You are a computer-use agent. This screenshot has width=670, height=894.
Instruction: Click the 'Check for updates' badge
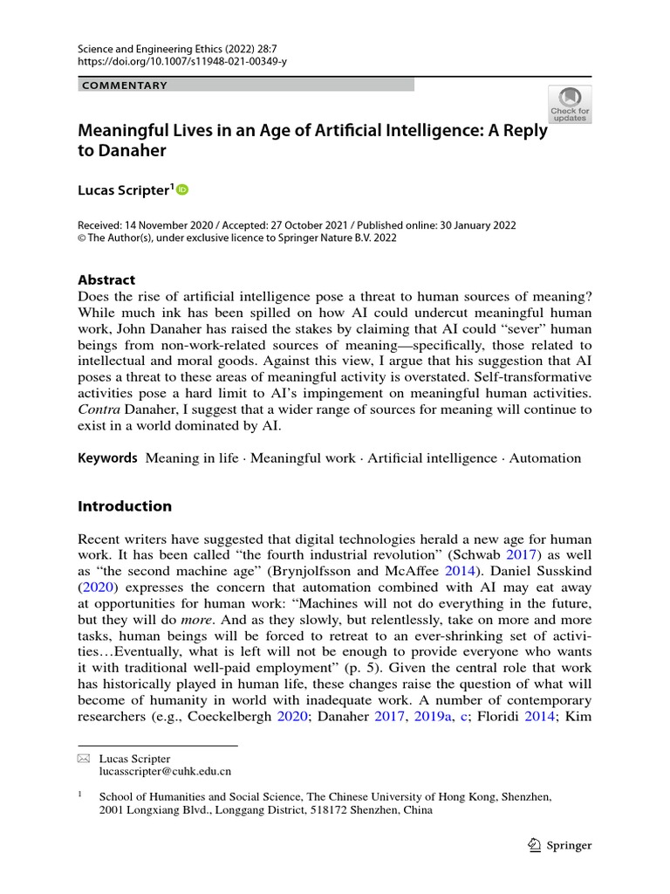coord(569,105)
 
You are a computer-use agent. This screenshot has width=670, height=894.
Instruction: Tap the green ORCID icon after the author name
coord(182,189)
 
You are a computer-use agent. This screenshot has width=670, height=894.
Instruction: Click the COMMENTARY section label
coord(123,85)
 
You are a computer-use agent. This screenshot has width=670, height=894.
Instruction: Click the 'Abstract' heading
coord(106,280)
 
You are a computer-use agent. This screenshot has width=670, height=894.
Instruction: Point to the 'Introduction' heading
coord(125,506)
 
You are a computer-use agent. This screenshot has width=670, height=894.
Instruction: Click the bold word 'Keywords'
coord(108,457)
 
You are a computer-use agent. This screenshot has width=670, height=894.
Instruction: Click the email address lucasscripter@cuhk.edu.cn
coord(165,772)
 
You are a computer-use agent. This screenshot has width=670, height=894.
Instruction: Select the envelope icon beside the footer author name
coord(84,759)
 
